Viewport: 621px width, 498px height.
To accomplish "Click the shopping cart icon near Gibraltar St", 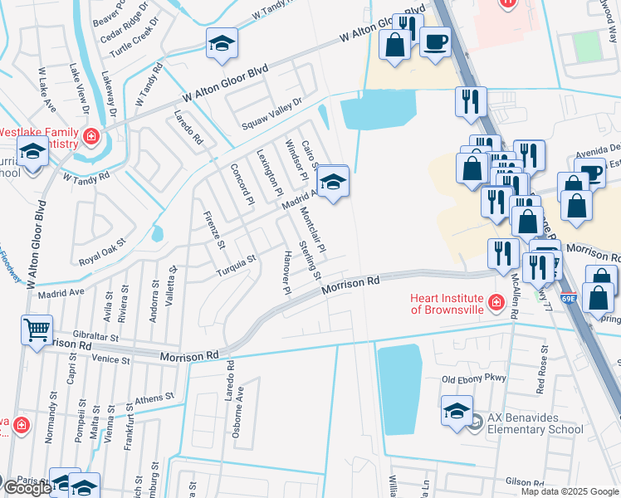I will [x=37, y=330].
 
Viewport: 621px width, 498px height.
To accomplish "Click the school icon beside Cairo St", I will [x=332, y=182].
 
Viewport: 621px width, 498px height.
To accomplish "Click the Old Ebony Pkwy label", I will [x=473, y=380].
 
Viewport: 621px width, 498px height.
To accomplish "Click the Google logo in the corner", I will [x=27, y=488].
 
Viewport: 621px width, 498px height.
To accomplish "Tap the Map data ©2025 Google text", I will [x=570, y=491].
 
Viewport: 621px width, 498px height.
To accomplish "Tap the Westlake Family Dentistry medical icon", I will [x=90, y=137].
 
